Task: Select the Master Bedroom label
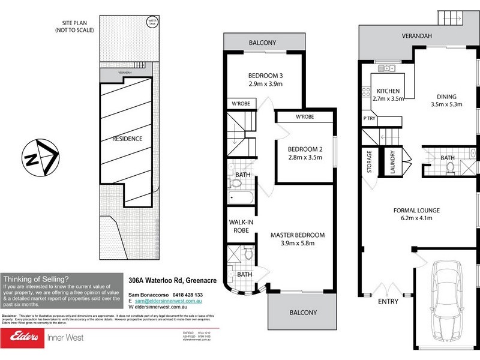(297, 235)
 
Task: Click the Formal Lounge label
(416, 211)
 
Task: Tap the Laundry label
(392, 161)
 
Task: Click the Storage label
(370, 161)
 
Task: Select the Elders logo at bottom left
(23, 337)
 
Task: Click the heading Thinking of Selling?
(36, 278)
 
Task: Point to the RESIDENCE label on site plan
(127, 139)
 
